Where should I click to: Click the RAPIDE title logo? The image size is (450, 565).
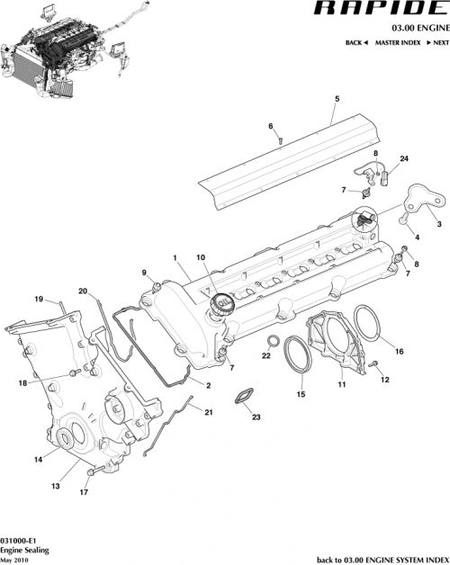point(381,10)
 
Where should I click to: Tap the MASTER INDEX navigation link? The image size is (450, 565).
point(400,43)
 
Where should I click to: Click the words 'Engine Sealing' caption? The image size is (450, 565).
point(24,540)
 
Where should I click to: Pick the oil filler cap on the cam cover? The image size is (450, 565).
point(220,307)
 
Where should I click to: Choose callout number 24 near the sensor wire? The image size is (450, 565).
point(404,159)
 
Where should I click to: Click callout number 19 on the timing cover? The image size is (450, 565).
point(39,299)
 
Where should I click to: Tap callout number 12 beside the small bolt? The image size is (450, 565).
point(385,380)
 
